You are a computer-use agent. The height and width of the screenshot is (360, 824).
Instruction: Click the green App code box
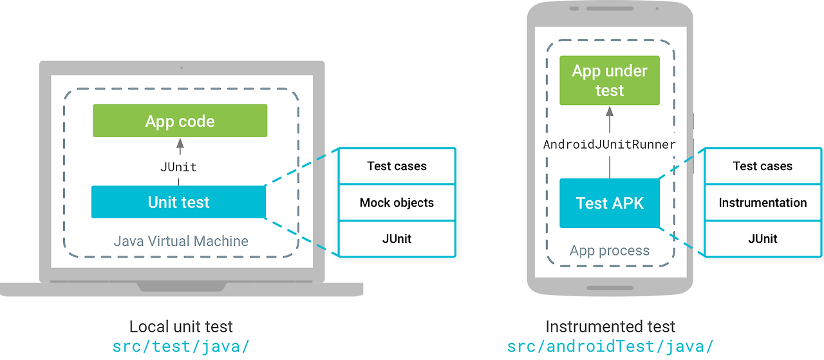180,121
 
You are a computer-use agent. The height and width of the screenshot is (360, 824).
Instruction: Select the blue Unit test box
178,202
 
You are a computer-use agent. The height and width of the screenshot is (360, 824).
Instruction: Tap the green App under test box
609,81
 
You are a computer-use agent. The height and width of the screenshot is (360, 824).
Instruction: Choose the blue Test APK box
609,204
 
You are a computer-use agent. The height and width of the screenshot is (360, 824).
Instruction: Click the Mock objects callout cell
397,202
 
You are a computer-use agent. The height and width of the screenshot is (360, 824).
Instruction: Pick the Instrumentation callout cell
762,202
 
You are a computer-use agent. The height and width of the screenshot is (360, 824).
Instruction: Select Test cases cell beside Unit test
397,166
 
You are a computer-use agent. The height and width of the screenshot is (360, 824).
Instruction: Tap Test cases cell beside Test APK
762,166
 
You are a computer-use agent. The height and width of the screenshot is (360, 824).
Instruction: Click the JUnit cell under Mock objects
397,238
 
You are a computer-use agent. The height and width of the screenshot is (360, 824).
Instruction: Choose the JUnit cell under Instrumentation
762,238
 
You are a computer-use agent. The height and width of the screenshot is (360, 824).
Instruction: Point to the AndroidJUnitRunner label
609,144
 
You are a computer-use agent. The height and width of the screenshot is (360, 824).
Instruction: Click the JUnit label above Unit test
178,167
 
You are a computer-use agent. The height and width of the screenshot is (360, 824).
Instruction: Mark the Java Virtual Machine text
181,242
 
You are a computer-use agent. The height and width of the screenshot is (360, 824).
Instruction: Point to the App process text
609,251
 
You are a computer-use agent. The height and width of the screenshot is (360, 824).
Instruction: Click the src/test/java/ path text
181,346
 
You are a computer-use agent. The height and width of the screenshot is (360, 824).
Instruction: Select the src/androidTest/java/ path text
610,346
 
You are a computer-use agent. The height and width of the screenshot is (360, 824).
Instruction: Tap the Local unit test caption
181,327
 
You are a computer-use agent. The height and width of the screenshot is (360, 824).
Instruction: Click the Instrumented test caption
610,327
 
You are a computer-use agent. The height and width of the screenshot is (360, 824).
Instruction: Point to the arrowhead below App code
180,142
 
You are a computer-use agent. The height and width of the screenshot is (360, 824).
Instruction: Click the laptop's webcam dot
182,68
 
